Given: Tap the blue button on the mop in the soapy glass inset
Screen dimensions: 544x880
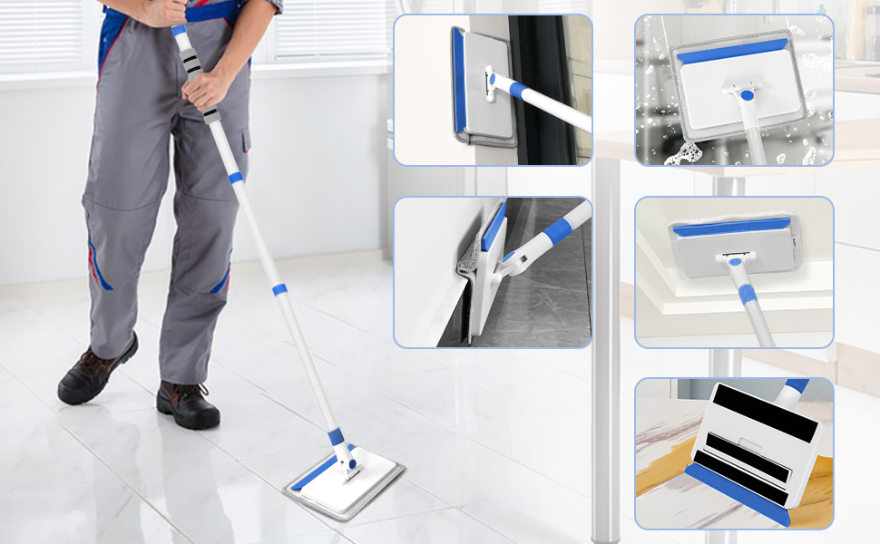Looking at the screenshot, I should coord(746,94).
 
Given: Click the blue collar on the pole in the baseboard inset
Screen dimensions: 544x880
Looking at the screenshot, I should coord(557,232).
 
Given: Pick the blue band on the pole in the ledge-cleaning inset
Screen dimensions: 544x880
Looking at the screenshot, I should coord(746,293).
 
